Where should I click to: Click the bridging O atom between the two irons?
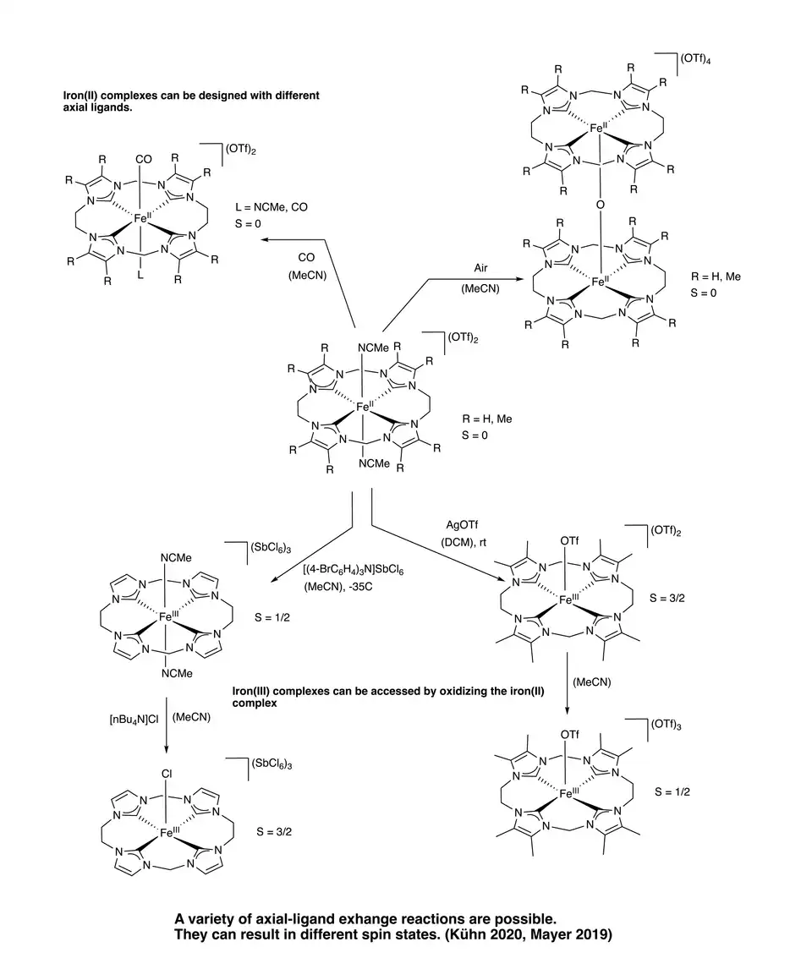coord(598,203)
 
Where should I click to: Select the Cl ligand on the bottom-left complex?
coord(166,772)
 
